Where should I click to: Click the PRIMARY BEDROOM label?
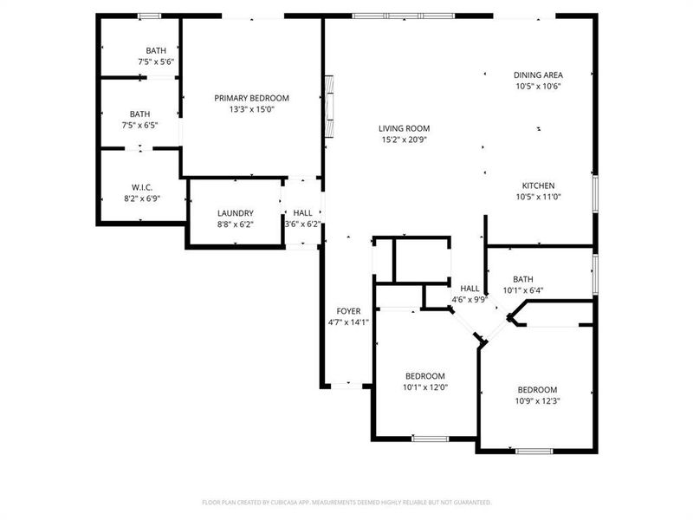pos(251,99)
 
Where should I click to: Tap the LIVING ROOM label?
pos(404,128)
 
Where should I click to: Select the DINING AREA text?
pos(539,75)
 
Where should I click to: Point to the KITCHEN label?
pos(538,186)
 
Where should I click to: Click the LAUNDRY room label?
pos(235,213)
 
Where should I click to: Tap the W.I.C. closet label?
pos(142,187)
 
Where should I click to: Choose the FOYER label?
pos(348,311)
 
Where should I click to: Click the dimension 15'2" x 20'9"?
pos(404,140)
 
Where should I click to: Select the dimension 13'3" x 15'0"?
pos(251,110)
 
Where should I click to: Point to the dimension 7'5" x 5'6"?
pos(156,62)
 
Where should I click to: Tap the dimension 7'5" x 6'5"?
pos(139,126)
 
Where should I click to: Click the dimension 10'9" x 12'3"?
pos(537,401)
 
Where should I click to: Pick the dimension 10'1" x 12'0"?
pos(424,387)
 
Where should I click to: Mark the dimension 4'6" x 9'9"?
pos(470,301)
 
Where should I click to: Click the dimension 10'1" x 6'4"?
pos(522,290)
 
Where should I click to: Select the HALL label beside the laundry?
pos(302,213)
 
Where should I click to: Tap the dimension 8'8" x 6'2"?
pos(235,224)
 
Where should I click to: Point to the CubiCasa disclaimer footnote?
pos(346,503)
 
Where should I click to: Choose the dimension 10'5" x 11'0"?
pos(538,198)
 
